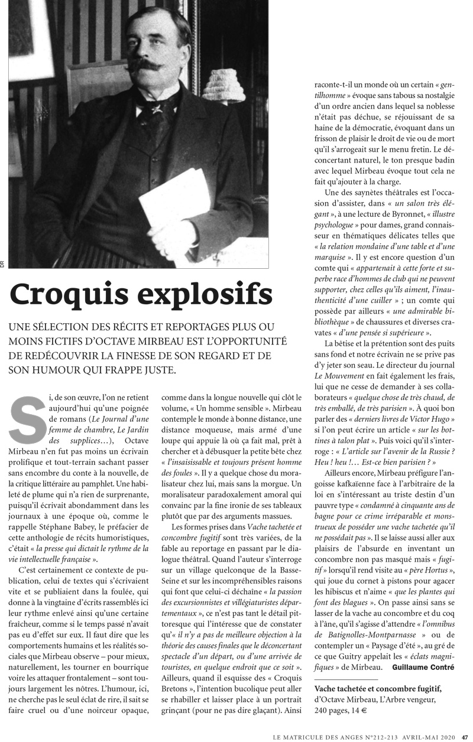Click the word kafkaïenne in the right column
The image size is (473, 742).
click(x=346, y=488)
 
